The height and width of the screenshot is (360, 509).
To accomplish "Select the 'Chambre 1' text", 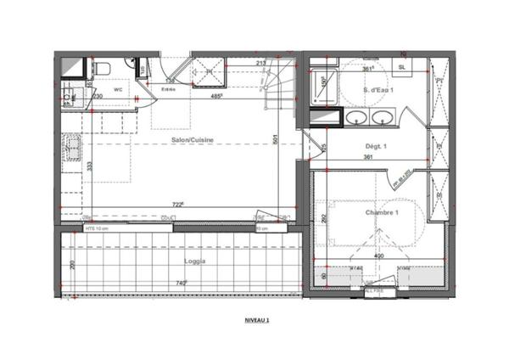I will [x=382, y=212].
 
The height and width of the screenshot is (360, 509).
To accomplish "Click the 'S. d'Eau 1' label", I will [x=377, y=89].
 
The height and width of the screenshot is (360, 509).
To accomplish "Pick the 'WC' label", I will [x=118, y=88].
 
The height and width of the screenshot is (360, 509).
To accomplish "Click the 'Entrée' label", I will [x=169, y=88].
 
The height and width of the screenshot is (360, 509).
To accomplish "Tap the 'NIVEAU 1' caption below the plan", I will [x=256, y=320].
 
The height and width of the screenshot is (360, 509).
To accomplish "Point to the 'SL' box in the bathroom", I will [x=401, y=66].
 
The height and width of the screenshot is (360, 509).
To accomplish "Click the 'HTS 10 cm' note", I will [x=94, y=228].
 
